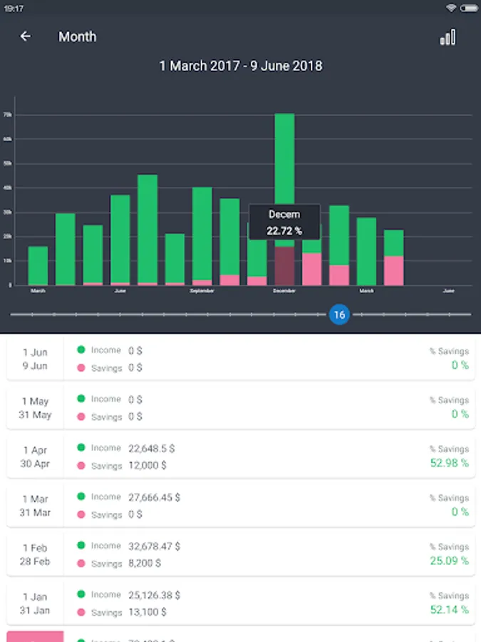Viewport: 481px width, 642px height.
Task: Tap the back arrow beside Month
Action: pos(26,36)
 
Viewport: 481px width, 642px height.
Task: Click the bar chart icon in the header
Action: pos(448,37)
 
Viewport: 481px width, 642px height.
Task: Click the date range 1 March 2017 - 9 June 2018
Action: pos(240,66)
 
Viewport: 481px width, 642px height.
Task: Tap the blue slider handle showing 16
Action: pos(339,315)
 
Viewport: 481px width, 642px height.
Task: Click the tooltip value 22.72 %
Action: pos(284,230)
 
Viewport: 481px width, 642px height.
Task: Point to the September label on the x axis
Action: pos(202,291)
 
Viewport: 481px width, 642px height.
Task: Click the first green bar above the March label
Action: pos(38,265)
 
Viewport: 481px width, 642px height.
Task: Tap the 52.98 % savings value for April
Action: pos(449,463)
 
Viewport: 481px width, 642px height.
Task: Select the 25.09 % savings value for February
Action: pos(449,561)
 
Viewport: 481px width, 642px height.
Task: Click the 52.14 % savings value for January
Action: pos(449,609)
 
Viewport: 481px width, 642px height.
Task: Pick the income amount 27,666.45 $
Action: pos(154,497)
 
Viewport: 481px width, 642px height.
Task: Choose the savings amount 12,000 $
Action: pos(147,465)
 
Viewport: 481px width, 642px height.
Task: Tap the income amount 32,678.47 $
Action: pos(154,546)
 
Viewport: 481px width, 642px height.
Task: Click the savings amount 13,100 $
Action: pos(147,611)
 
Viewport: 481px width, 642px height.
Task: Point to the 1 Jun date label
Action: pos(35,352)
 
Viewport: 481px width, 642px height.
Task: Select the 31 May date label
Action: pos(35,415)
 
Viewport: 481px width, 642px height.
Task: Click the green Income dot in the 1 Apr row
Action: pos(81,447)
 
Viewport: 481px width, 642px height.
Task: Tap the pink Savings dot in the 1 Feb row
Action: pos(81,563)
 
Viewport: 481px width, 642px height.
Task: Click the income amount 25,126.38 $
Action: pos(154,594)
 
